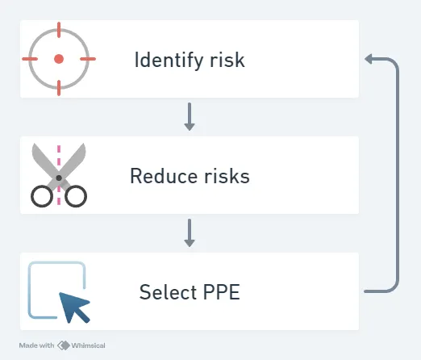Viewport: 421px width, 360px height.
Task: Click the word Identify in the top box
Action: tap(169, 61)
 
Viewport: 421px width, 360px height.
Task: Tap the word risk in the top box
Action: tap(227, 60)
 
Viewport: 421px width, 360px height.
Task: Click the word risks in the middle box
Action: tap(227, 176)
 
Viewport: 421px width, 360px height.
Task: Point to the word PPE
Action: tap(222, 292)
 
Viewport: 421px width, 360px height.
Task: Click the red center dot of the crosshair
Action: tap(59, 59)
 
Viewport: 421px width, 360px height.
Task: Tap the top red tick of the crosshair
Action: tap(59, 30)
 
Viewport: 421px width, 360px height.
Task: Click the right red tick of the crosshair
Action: tap(88, 59)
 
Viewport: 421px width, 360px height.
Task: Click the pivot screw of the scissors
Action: tap(59, 178)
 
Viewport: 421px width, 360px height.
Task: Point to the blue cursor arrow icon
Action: tap(74, 307)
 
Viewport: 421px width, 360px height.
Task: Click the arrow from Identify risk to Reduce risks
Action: tap(190, 116)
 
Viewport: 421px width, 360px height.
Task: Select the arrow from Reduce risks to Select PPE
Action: tap(190, 232)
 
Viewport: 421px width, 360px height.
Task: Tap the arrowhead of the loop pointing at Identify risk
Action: tap(369, 59)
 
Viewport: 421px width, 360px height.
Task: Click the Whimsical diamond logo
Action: tap(64, 345)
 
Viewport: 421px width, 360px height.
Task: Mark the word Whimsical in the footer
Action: tap(88, 345)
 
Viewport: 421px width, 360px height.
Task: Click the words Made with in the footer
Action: tap(36, 345)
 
